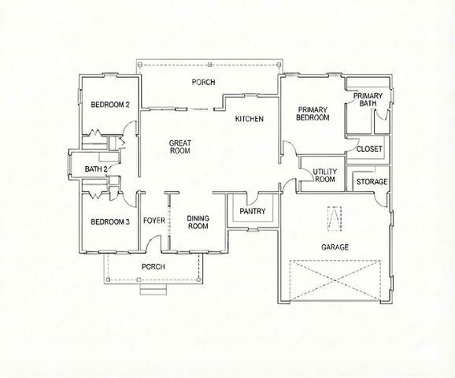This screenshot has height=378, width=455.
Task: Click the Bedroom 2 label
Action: click(109, 105)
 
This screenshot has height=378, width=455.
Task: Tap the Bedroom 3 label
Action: click(109, 221)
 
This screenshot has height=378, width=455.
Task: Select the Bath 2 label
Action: click(96, 169)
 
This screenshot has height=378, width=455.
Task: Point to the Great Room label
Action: click(180, 147)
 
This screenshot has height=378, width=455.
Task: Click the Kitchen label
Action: click(249, 119)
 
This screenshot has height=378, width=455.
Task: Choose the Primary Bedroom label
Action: click(312, 113)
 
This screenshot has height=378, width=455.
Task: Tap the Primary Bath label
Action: click(367, 99)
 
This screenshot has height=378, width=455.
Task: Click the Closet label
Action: click(369, 148)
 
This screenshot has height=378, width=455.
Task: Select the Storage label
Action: click(372, 182)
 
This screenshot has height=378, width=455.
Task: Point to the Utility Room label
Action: click(324, 176)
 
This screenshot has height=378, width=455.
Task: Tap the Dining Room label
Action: click(197, 222)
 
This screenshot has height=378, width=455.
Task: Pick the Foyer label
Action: click(154, 220)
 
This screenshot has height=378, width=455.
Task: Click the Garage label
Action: click(335, 246)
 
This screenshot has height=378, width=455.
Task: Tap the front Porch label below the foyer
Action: click(153, 267)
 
